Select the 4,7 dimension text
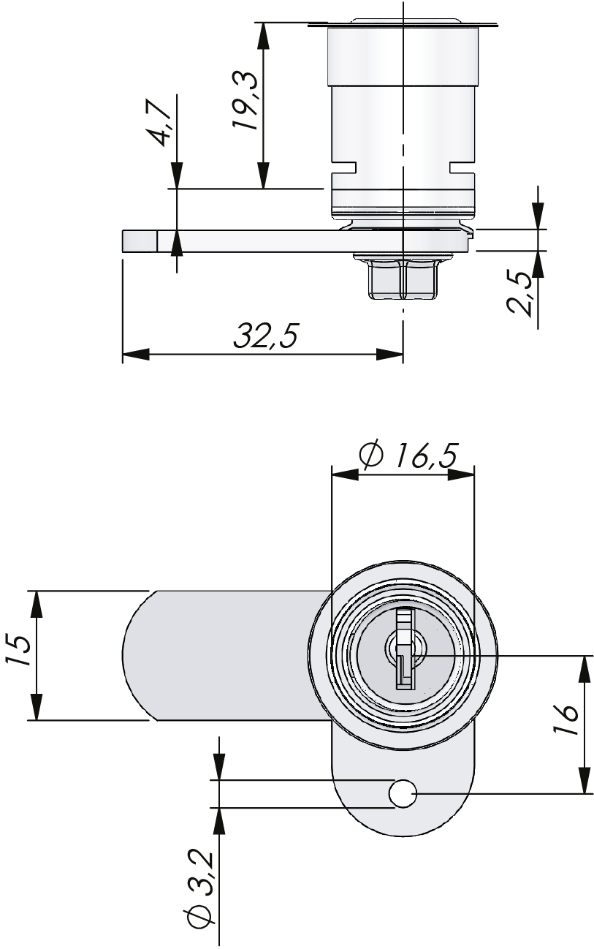click(161, 121)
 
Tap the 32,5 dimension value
click(266, 336)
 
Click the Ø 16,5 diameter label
click(408, 456)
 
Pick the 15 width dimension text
click(19, 651)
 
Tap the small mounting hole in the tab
click(403, 794)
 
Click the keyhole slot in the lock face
click(403, 650)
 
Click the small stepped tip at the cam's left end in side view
click(140, 241)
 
